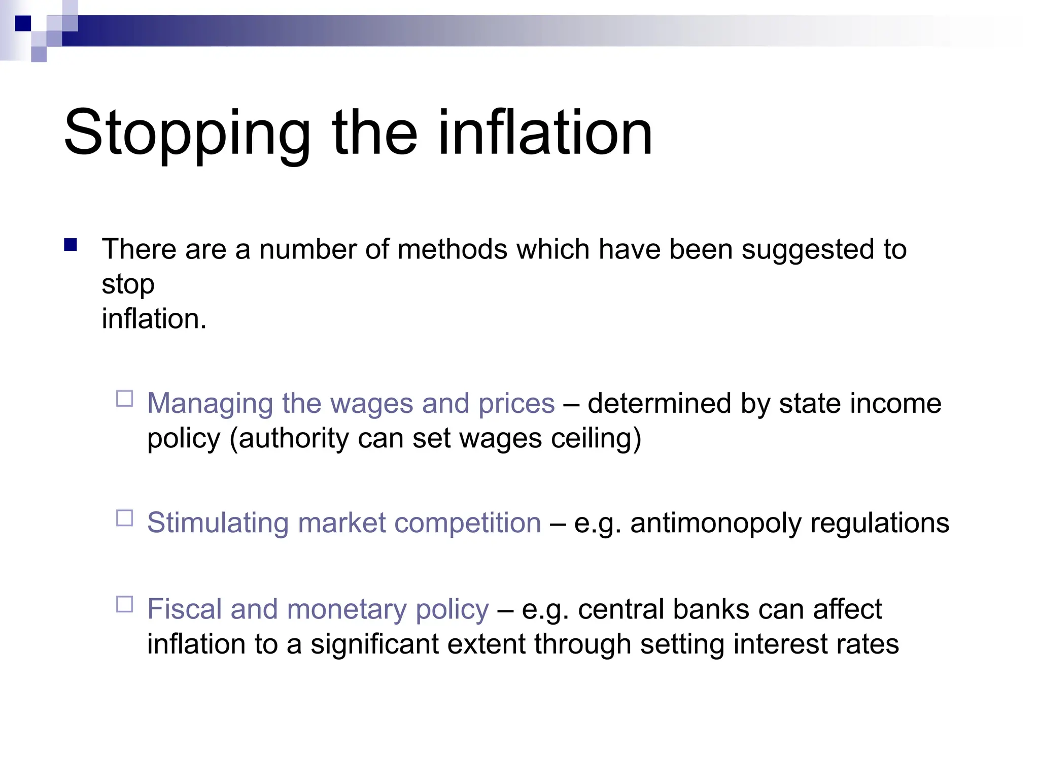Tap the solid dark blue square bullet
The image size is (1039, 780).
[71, 245]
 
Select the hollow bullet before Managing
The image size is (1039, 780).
[125, 399]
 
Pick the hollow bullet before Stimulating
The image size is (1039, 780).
[125, 518]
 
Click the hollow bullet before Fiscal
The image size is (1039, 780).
[125, 604]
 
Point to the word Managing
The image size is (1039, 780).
[210, 404]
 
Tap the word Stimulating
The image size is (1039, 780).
[218, 523]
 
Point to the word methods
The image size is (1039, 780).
[453, 250]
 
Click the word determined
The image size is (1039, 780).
[659, 404]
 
